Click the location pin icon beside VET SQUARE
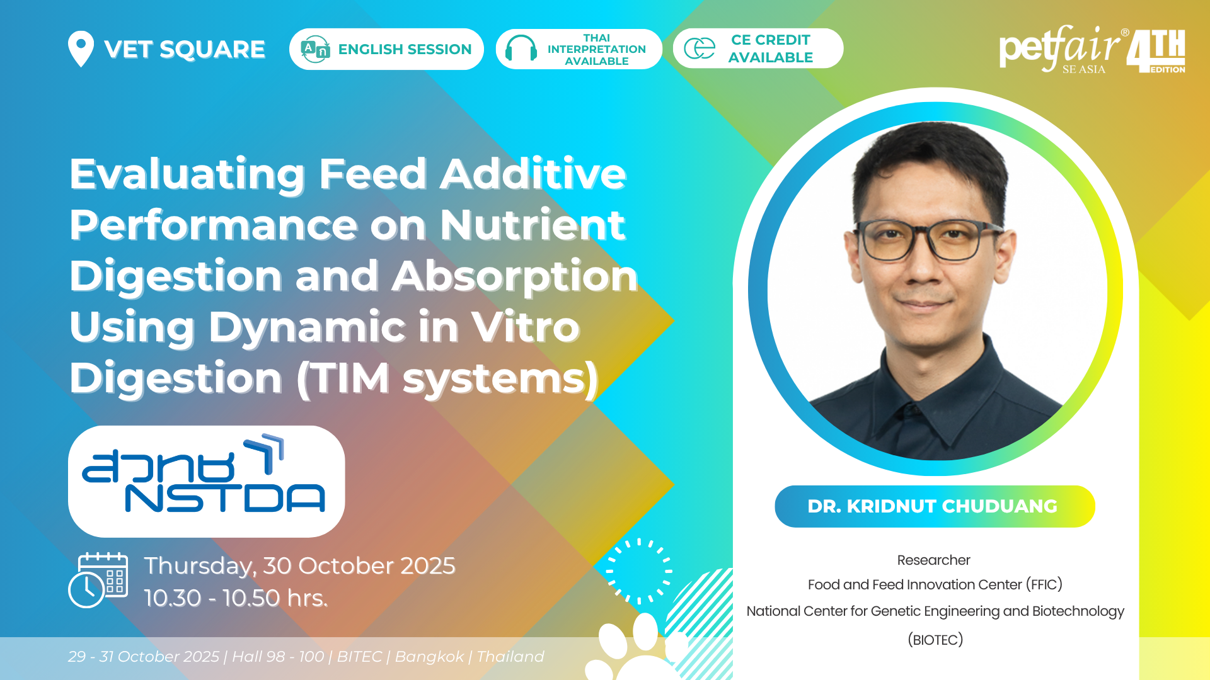point(81,48)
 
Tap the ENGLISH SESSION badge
point(386,49)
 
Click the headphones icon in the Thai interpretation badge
point(521,48)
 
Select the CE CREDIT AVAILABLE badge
point(758,48)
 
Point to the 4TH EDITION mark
point(1156,51)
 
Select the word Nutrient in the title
point(533,225)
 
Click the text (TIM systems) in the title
point(447,378)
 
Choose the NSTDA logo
point(207,481)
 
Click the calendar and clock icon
point(98,580)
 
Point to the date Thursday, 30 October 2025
point(299,565)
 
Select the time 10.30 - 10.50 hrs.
point(236,598)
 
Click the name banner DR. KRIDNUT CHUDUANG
point(935,506)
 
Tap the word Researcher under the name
point(933,560)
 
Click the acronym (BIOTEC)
point(935,640)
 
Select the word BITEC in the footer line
point(359,657)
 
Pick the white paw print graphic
point(637,649)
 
